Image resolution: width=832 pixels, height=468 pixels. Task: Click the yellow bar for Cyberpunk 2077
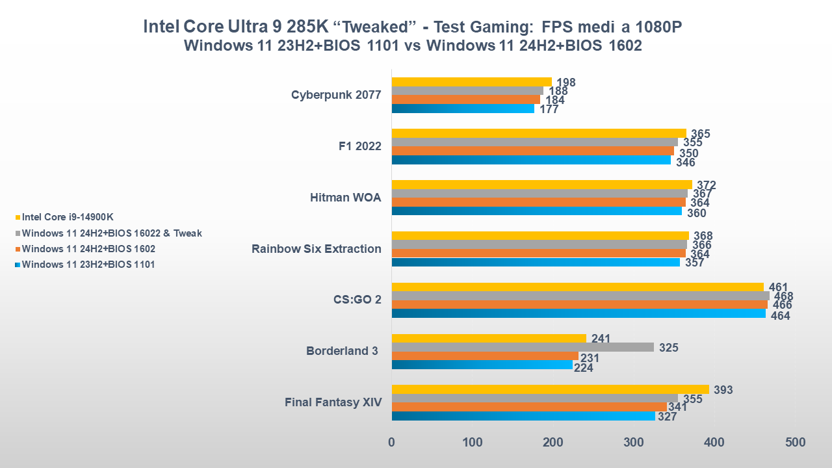tap(471, 82)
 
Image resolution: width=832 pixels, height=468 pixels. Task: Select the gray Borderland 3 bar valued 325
tap(523, 347)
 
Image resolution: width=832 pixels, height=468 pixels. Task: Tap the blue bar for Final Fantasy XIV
tap(523, 416)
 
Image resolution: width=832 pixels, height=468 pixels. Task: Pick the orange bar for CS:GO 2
tap(579, 304)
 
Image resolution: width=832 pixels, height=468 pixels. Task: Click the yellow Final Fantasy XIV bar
tap(551, 389)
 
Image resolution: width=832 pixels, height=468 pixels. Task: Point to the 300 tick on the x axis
tap(634, 443)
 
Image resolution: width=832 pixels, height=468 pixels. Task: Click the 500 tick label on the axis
tap(795, 443)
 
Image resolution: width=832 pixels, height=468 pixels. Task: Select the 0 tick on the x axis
tap(392, 443)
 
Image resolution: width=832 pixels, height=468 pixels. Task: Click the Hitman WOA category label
tap(346, 198)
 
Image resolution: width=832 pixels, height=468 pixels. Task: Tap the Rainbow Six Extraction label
tap(317, 248)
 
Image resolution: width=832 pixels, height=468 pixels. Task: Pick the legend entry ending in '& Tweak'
tap(111, 233)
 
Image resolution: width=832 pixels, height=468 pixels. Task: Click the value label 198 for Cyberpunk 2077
tap(566, 83)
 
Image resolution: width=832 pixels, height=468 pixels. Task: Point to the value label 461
tap(778, 287)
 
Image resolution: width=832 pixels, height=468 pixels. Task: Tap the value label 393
tap(723, 390)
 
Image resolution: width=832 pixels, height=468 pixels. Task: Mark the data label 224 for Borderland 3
tap(584, 367)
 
